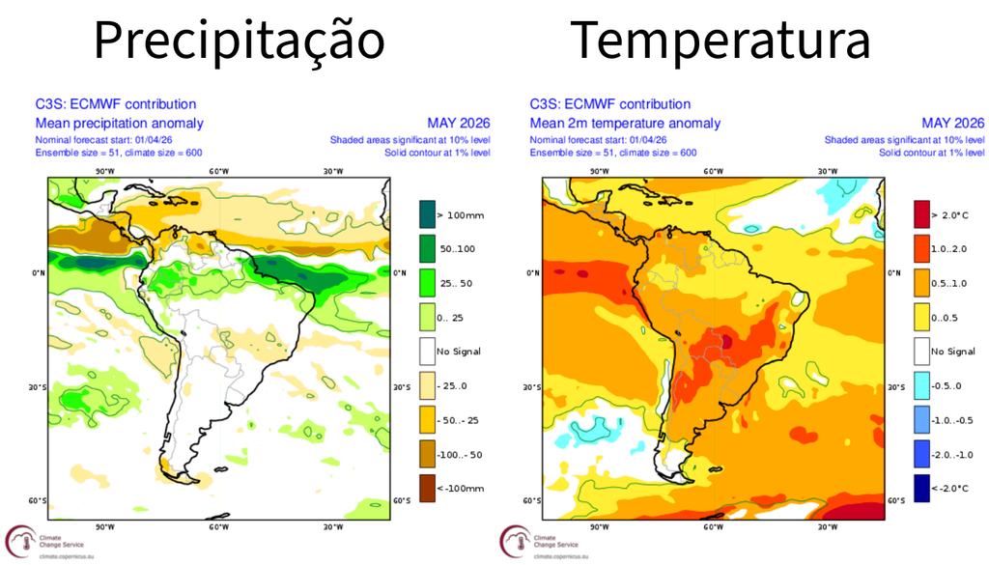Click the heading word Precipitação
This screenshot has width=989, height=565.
point(240,42)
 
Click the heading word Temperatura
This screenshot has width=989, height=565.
point(720,42)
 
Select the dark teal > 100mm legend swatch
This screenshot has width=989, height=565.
point(426,213)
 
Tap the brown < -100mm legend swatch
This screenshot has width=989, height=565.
point(426,488)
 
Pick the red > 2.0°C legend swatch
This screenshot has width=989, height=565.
point(921,213)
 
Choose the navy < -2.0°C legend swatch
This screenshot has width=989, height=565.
point(921,488)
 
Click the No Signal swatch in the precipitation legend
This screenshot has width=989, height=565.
point(426,351)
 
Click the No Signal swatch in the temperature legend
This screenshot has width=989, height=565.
point(921,351)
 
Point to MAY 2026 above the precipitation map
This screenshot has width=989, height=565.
point(458,124)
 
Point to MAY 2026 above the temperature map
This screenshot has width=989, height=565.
point(952,124)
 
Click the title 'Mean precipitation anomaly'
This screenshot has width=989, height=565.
point(119,124)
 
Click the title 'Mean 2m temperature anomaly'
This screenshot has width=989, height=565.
point(625,124)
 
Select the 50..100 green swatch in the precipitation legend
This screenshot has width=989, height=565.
point(426,248)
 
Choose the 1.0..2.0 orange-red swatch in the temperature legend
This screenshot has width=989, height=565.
point(921,248)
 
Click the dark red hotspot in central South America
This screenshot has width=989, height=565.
point(725,339)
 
